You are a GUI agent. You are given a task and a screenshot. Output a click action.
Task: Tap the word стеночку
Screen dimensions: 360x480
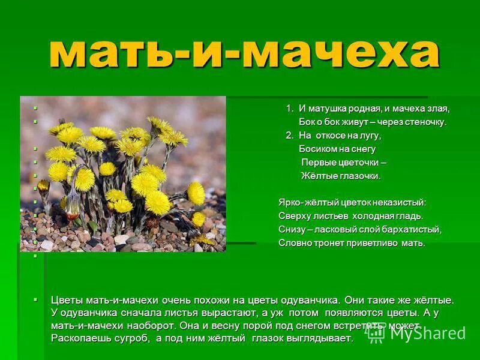(425, 122)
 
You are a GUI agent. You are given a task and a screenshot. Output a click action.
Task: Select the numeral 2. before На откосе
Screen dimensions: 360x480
(289, 136)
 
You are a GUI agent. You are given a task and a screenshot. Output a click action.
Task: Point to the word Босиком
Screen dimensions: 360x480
(319, 149)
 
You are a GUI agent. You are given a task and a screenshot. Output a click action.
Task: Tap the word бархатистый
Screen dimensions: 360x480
(412, 229)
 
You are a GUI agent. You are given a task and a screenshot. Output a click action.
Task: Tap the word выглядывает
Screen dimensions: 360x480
(320, 338)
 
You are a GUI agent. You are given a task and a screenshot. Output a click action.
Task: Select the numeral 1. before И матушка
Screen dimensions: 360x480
(289, 109)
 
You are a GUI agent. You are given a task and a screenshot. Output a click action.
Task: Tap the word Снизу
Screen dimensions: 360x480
(292, 229)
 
